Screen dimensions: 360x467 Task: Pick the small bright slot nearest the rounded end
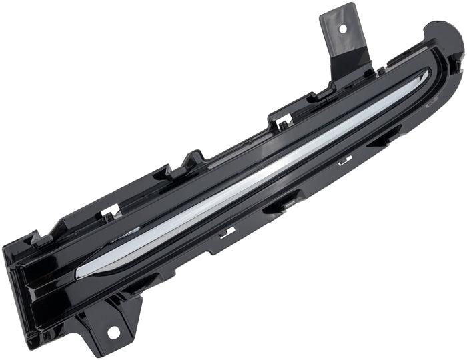tap(345, 160)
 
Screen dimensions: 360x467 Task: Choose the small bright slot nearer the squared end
tap(227, 231)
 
